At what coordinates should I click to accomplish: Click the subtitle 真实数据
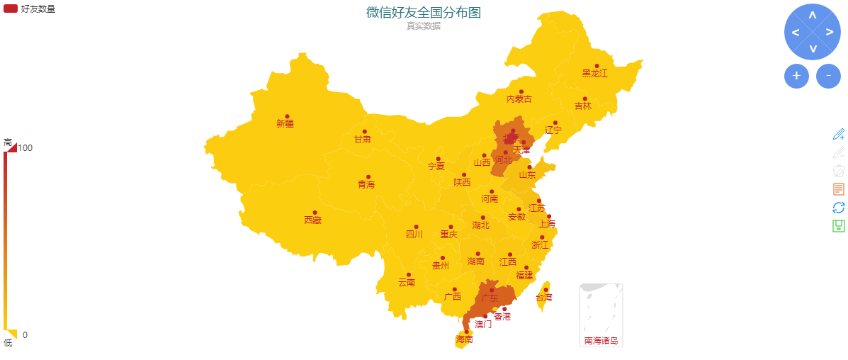click(x=423, y=26)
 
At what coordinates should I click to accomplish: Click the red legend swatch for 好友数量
click(x=11, y=9)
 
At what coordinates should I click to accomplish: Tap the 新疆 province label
click(x=285, y=123)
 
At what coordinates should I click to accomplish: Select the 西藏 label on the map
click(x=312, y=220)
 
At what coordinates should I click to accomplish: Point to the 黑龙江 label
click(x=595, y=73)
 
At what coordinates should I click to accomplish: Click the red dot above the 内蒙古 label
click(x=521, y=91)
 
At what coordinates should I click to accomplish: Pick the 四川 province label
click(x=414, y=234)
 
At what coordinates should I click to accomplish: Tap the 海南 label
click(x=464, y=339)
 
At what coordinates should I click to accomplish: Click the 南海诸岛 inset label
click(x=601, y=341)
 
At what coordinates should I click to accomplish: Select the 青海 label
click(x=366, y=184)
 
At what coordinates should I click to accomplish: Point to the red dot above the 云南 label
click(x=409, y=275)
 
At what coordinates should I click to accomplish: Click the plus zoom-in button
click(x=796, y=76)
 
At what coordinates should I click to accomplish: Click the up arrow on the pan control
click(x=812, y=15)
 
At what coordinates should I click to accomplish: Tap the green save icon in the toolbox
click(x=839, y=226)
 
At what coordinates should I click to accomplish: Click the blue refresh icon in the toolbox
click(x=839, y=207)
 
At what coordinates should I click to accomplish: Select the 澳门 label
click(x=483, y=324)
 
